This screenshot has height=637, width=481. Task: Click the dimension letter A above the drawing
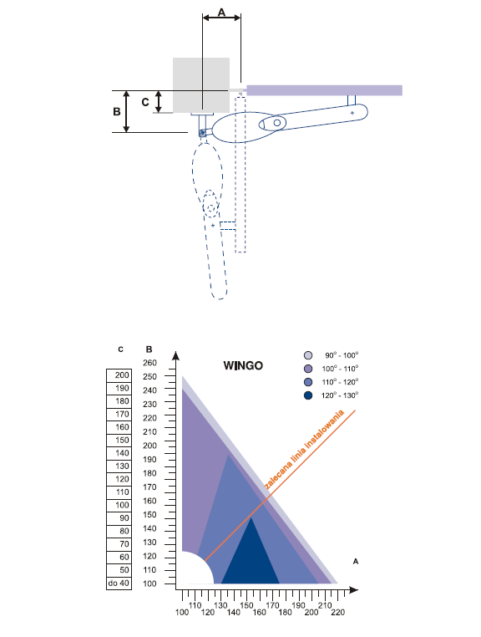(221, 13)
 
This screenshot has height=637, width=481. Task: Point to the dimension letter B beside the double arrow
(117, 111)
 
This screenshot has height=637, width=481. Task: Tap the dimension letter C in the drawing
(145, 102)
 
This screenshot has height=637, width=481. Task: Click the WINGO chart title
(243, 365)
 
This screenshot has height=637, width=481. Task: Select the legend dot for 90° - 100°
(308, 355)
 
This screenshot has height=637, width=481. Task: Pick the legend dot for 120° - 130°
(308, 395)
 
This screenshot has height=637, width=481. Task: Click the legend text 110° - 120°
(340, 382)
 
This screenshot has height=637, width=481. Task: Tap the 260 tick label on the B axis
(149, 363)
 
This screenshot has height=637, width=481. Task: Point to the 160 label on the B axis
(149, 501)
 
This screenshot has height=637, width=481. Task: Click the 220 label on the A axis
(337, 612)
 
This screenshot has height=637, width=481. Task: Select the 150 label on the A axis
(246, 605)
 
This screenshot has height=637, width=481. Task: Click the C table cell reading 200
(119, 375)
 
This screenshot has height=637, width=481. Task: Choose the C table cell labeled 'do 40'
(119, 583)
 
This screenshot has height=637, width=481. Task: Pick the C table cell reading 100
(119, 506)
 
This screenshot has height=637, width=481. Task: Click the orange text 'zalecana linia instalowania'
(305, 449)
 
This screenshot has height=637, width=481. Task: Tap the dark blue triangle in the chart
(251, 561)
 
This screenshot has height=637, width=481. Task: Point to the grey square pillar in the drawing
(201, 85)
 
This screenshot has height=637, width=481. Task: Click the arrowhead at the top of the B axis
(175, 356)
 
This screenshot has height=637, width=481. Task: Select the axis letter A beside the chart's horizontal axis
(356, 562)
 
